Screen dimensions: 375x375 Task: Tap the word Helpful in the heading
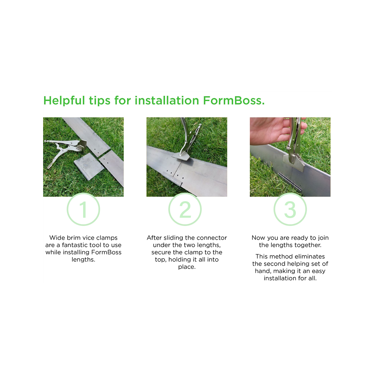[64, 100]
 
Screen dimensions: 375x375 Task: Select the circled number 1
[83, 209]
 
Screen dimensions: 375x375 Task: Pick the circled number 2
[185, 209]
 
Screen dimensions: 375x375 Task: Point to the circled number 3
[290, 209]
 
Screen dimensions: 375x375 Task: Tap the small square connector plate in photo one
[89, 166]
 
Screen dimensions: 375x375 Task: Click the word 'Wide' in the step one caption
[57, 238]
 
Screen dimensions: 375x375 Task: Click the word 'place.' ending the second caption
[187, 267]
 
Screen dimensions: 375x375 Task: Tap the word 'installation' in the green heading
[167, 100]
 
